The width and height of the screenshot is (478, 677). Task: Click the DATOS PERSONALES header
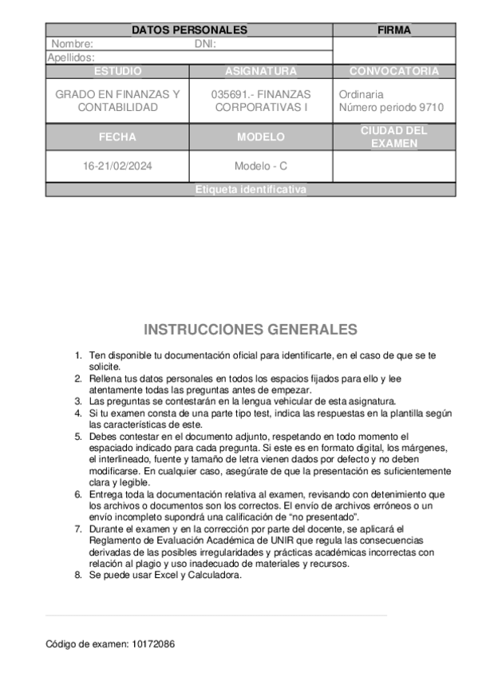(x=189, y=30)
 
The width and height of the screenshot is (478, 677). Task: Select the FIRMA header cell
(x=393, y=30)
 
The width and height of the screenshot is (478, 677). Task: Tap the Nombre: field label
(x=72, y=44)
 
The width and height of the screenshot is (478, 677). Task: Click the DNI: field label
(x=205, y=44)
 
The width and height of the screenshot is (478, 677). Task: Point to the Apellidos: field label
(x=71, y=57)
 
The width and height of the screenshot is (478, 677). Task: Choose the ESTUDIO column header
(x=117, y=71)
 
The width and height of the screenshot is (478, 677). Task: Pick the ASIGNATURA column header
(x=261, y=71)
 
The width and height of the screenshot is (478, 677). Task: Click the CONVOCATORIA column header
(x=394, y=71)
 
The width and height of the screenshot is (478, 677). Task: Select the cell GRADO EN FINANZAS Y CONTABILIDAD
(x=117, y=101)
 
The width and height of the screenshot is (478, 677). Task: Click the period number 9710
(x=431, y=107)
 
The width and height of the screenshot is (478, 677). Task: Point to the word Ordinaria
(x=361, y=94)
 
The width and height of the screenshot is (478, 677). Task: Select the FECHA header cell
(x=117, y=137)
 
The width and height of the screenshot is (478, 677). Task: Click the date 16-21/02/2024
(x=117, y=167)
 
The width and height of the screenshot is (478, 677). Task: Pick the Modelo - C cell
(x=261, y=167)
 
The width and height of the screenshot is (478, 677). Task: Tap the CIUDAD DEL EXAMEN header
(x=394, y=137)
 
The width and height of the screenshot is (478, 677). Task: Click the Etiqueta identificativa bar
(x=251, y=190)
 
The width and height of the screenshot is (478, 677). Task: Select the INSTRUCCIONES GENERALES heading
(x=251, y=330)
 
